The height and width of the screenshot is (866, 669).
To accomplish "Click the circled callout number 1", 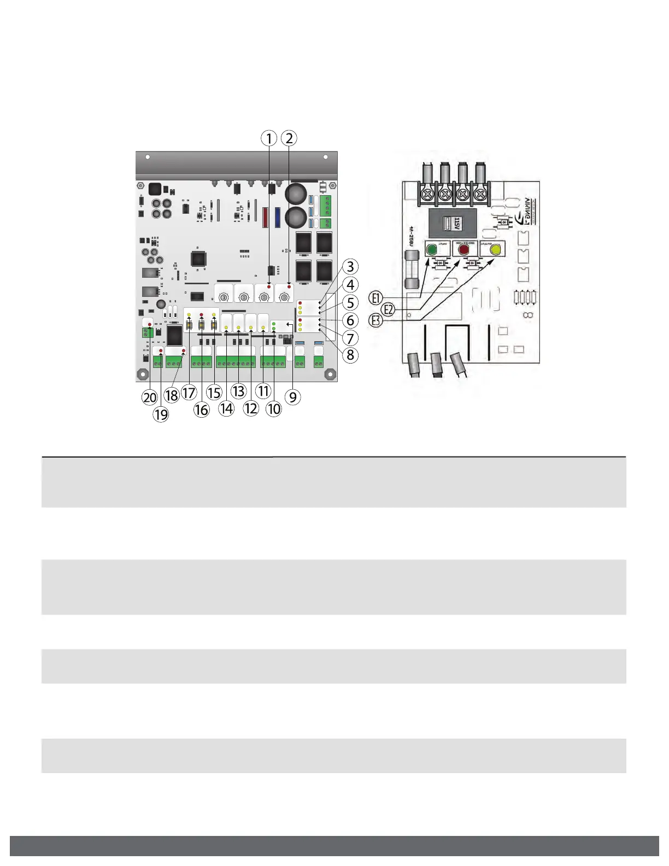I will pyautogui.click(x=268, y=138).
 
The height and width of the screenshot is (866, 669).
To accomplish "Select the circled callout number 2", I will pyautogui.click(x=289, y=138).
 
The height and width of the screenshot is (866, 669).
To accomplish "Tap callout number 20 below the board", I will pyautogui.click(x=150, y=397).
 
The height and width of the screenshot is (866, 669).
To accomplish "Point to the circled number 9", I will pyautogui.click(x=293, y=397).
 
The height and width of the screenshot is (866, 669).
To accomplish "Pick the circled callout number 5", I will pyautogui.click(x=350, y=303).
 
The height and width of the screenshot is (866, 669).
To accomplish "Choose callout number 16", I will pyautogui.click(x=202, y=409).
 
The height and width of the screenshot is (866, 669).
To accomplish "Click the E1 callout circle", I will pyautogui.click(x=375, y=298).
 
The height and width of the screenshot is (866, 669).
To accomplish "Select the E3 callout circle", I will pyautogui.click(x=375, y=320).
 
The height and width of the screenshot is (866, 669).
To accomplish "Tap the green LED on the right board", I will pyautogui.click(x=431, y=250).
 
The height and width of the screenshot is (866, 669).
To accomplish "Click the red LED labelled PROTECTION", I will pyautogui.click(x=464, y=250).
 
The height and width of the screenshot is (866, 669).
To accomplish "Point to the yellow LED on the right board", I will pyautogui.click(x=496, y=250).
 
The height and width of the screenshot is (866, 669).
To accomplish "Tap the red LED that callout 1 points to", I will pyautogui.click(x=269, y=286).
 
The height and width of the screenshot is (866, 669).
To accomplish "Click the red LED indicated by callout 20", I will pyautogui.click(x=150, y=325).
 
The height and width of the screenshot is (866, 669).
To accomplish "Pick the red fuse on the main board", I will pyautogui.click(x=266, y=216).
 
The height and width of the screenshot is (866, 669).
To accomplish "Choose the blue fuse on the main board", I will pyautogui.click(x=277, y=216).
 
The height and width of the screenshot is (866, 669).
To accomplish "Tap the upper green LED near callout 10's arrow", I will pyautogui.click(x=273, y=324).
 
